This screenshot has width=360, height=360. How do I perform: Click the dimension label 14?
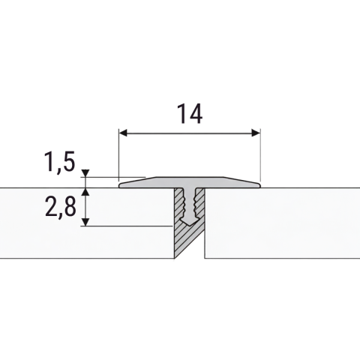click(190, 114)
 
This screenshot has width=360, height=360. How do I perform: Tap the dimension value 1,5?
click(59, 162)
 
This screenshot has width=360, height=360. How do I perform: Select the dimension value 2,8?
click(61, 207)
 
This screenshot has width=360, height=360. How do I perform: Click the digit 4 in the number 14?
click(195, 114)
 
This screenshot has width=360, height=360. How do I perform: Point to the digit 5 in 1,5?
click(68, 162)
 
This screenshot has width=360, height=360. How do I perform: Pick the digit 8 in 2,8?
click(70, 206)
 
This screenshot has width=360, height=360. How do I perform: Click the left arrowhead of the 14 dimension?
click(124, 133)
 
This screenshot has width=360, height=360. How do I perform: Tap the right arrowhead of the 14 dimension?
click(256, 133)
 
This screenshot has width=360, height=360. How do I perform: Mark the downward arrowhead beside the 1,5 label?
click(85, 173)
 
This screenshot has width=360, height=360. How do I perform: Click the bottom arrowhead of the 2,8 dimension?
click(85, 222)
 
